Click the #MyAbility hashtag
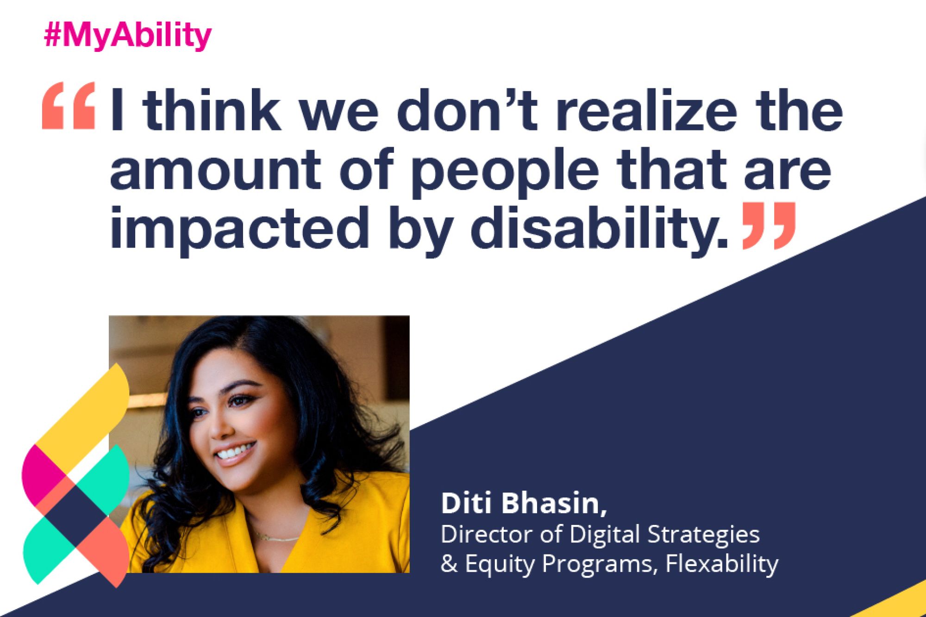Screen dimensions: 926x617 tap(128, 36)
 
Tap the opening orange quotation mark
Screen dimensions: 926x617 tap(69, 106)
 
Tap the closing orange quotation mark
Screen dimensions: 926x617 tap(769, 225)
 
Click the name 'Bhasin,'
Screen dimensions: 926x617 tap(554, 504)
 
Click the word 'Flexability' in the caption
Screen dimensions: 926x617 tap(722, 564)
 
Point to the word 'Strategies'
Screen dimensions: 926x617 tap(703, 535)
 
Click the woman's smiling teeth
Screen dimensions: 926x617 tap(235, 451)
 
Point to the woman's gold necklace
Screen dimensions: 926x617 tap(278, 537)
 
